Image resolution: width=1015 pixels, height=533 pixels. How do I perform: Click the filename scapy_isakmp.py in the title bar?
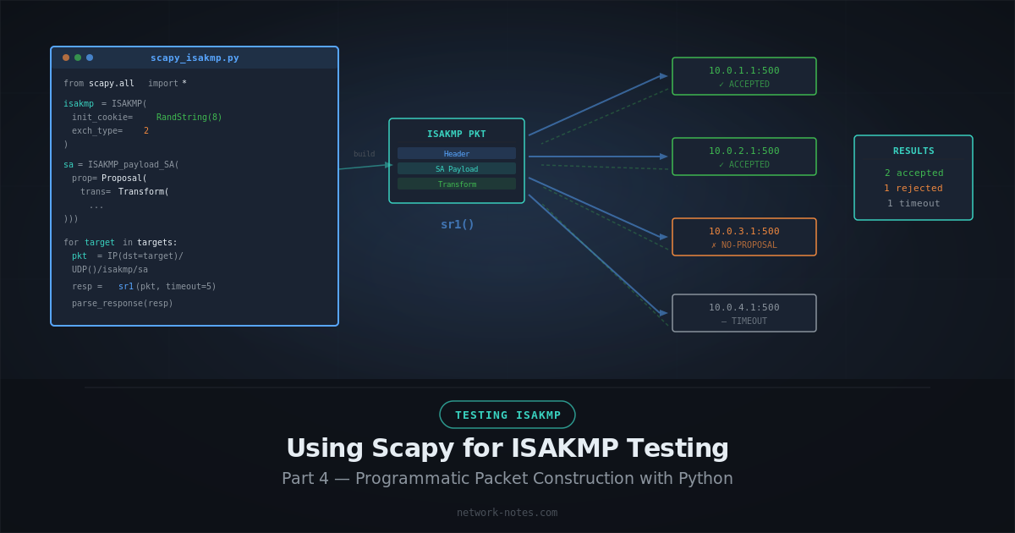coord(195,58)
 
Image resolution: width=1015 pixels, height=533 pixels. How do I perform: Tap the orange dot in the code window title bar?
coord(66,58)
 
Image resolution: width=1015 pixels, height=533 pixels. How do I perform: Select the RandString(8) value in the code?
coord(189,117)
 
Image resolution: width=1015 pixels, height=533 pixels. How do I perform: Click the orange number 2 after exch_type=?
coord(146,130)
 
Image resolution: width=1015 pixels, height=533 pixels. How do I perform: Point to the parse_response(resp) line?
coord(122,303)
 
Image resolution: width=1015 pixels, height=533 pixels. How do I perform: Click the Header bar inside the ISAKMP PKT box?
coord(457,153)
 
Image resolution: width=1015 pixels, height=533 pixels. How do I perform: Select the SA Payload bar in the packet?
coord(457,168)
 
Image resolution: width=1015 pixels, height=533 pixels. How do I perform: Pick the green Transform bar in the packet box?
coord(457,184)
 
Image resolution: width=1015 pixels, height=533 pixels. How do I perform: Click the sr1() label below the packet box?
coord(457,224)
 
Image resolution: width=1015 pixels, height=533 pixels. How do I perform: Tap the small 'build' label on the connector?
coord(364,154)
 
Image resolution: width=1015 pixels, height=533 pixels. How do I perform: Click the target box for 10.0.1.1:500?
coord(744,76)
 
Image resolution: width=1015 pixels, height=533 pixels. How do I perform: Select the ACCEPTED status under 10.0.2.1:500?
coord(744,164)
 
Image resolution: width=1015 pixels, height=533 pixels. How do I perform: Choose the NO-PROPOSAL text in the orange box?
coord(744,245)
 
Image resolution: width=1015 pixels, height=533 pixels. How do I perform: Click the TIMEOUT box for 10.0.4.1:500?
coord(744,313)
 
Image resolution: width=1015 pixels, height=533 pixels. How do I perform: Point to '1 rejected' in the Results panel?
coord(913,188)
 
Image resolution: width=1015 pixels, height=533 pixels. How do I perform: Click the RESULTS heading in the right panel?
coord(913,151)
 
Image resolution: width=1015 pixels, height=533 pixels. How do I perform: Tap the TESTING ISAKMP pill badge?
coord(507,415)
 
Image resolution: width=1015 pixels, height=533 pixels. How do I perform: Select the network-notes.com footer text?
coord(507,512)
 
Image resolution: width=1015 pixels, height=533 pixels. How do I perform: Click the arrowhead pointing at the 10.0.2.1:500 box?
coord(664,157)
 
